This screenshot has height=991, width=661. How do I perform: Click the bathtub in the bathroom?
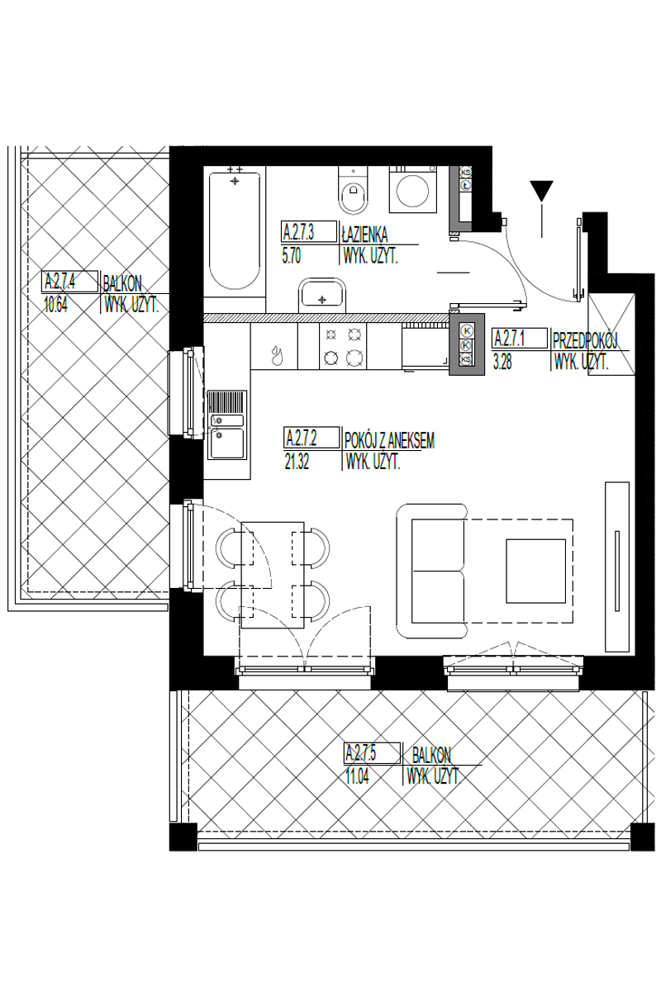235,231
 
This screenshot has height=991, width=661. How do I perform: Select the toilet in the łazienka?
353,190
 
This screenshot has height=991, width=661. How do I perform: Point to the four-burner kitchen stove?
343,346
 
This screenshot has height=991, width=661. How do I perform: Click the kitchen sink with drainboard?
227,424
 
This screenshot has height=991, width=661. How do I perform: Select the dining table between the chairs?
273,574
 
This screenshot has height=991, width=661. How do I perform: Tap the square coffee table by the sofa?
535,571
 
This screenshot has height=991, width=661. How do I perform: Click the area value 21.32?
297,462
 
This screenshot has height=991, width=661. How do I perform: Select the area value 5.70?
292,257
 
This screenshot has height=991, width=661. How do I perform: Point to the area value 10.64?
56,306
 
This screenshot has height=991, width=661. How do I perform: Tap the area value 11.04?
357,777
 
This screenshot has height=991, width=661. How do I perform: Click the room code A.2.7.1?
510,339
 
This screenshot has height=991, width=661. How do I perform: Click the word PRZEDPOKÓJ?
585,340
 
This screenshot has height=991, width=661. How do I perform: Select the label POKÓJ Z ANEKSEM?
390,441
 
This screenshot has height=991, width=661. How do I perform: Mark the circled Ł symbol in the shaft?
465,185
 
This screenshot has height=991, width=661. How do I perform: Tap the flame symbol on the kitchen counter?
277,355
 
